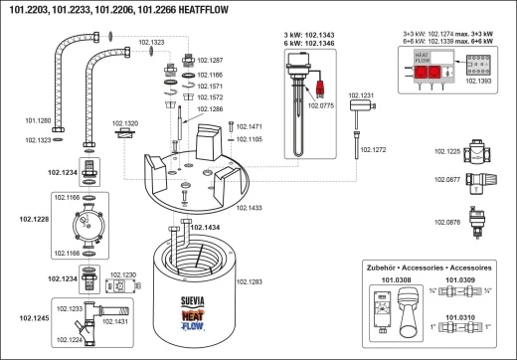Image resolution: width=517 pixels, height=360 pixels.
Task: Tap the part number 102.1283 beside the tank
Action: [251, 282]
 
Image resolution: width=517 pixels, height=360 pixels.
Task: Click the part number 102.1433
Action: [249, 207]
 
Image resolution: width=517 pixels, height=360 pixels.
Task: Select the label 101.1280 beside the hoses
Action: [37, 120]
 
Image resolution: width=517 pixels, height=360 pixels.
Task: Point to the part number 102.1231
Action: [361, 93]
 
